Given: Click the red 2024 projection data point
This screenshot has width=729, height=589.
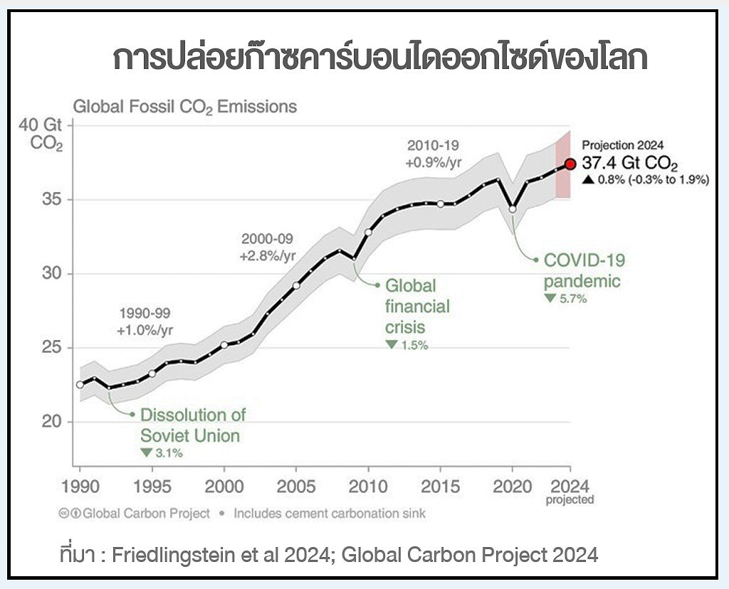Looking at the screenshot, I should tap(570, 164).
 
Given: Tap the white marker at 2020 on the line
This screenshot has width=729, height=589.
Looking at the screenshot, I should tap(513, 209).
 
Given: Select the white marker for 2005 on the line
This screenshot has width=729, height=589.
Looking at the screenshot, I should tap(296, 285).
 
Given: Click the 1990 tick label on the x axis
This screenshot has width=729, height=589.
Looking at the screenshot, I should tap(80, 487).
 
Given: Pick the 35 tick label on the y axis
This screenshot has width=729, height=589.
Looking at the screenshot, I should tap(50, 199).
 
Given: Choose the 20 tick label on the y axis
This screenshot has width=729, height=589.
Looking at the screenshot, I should tap(50, 422).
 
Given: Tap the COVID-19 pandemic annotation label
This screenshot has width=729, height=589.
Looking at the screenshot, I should tap(584, 270).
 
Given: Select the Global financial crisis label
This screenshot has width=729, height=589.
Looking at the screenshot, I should tap(418, 306).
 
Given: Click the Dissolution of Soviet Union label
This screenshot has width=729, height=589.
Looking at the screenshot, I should tap(192, 425).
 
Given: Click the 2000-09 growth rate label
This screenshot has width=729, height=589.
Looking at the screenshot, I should tap(267, 247).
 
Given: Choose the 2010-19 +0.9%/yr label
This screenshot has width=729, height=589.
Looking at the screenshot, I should tap(434, 154).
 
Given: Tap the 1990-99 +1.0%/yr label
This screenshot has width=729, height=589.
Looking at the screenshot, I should tap(145, 322).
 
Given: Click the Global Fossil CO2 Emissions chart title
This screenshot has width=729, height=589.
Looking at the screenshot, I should tap(185, 107).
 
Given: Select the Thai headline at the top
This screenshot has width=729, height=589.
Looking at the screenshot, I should tap(380, 59).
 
